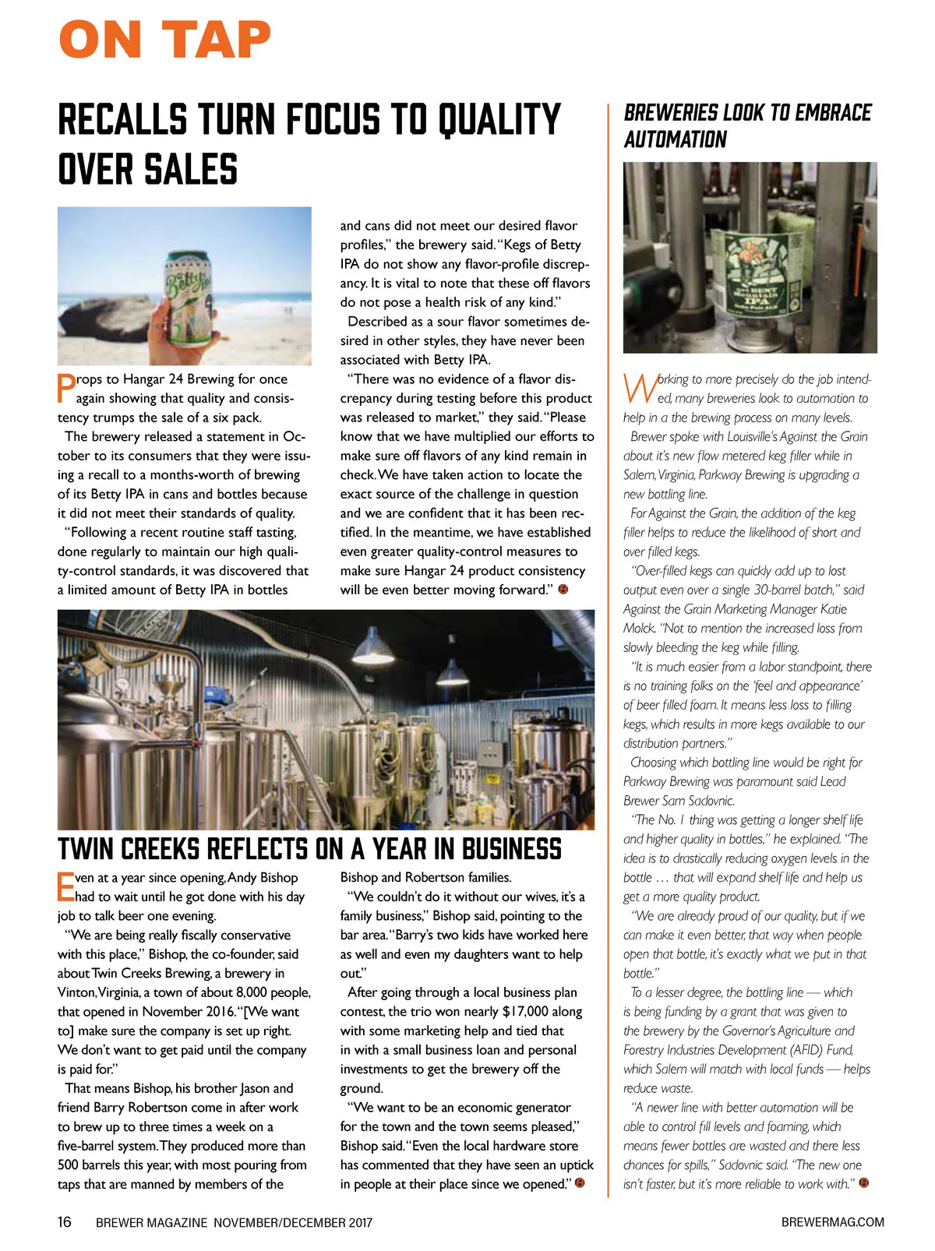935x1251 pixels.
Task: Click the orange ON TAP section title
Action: point(165,41)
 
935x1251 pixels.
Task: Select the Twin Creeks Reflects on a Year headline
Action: point(309,848)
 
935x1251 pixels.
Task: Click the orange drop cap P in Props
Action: point(65,388)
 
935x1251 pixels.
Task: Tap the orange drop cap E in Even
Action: point(65,887)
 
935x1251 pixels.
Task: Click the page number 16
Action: point(65,1222)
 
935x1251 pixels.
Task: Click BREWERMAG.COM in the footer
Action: point(832,1222)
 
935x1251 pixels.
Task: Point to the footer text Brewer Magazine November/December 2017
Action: point(234,1223)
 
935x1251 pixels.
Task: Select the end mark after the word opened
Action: point(579,1184)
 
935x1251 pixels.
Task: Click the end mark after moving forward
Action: point(563,590)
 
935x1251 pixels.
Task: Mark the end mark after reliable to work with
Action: point(863,1184)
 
